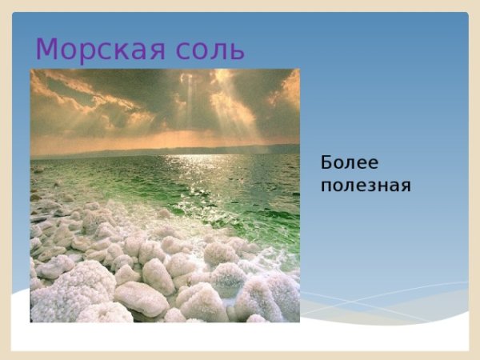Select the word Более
click(350, 162)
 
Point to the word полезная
click(366, 186)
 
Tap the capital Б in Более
click(326, 162)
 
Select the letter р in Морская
click(85, 53)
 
